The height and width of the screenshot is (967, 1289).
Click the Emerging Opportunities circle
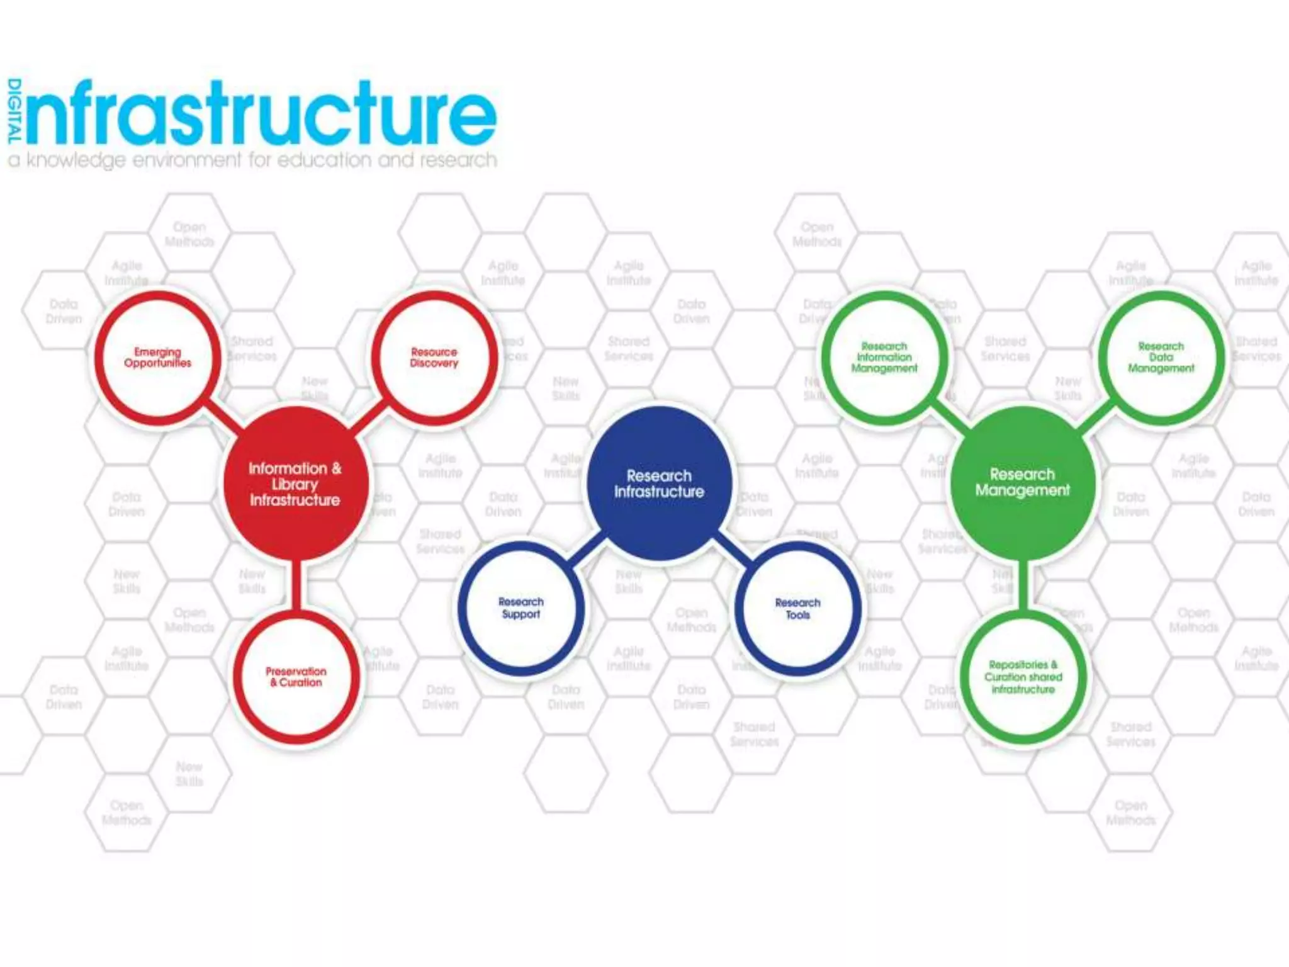(157, 358)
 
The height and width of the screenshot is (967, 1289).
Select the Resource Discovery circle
(434, 358)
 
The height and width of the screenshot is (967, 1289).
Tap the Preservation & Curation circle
(296, 677)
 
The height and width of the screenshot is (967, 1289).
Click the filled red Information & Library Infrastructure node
(295, 483)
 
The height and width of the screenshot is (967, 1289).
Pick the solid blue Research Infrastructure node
(659, 483)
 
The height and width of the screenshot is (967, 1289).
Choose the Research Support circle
(521, 608)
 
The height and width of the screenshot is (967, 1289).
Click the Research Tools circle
(797, 609)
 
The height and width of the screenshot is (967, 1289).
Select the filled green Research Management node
(1022, 482)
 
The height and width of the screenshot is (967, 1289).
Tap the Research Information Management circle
(884, 358)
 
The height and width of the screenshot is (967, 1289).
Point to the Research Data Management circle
(1161, 358)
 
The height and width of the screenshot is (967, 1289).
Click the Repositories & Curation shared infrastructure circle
(1023, 677)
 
